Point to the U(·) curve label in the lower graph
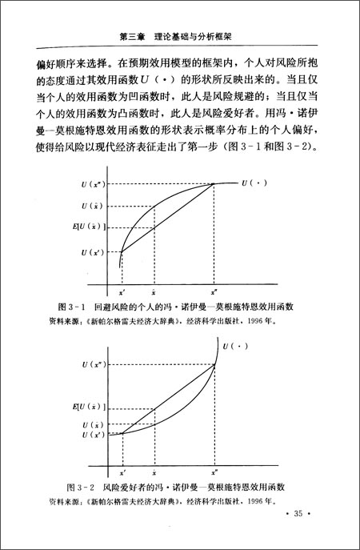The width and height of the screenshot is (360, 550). pos(236,347)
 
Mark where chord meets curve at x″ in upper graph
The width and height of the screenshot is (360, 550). pos(214,185)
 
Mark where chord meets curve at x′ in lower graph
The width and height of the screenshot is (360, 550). pos(122,434)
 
